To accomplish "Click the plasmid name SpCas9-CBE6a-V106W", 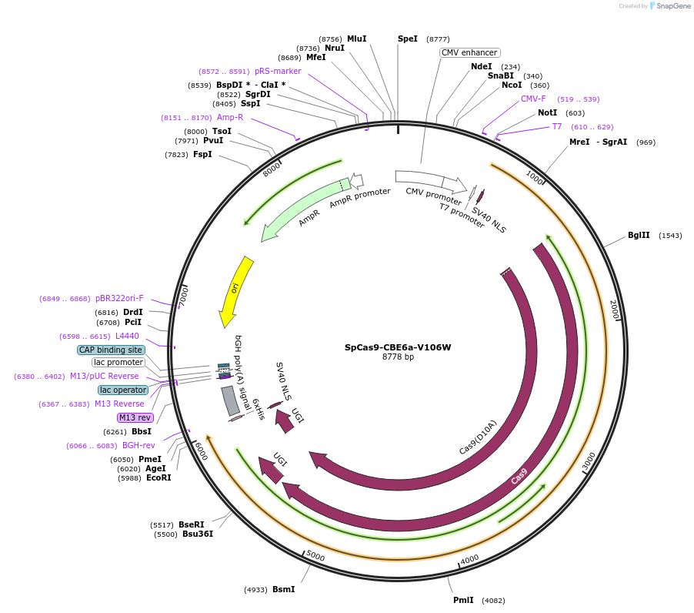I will [398, 347].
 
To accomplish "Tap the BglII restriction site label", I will [639, 236].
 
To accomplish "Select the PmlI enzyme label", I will [463, 600].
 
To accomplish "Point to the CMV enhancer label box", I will [470, 52].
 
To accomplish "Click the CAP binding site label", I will [111, 350].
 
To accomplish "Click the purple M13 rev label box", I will [135, 417].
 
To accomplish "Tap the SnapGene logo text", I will [672, 6].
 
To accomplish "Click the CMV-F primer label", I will [533, 99].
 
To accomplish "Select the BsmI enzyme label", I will [283, 590].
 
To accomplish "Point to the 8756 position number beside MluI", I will [331, 39].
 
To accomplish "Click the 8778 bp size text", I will [398, 357].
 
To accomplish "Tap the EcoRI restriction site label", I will [158, 478].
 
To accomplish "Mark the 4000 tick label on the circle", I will [469, 559].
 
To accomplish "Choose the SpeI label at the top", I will [408, 39].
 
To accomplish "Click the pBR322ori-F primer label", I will [119, 298].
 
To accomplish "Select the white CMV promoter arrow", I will [431, 182].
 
